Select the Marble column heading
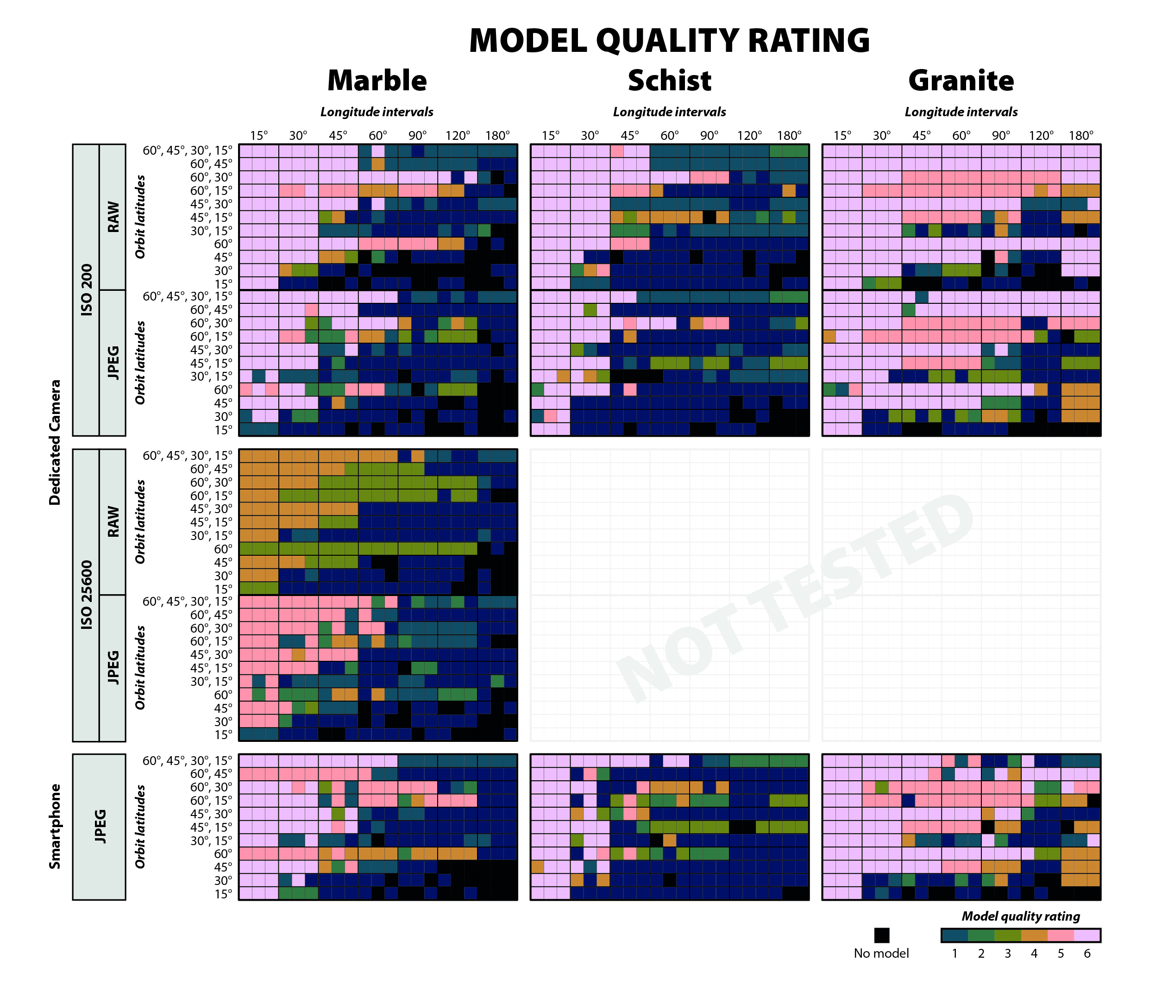(x=377, y=81)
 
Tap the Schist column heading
(x=669, y=81)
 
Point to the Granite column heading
(x=961, y=81)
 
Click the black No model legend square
(x=881, y=935)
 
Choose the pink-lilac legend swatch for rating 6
(x=1087, y=935)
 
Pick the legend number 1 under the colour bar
(x=954, y=954)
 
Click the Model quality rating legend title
(x=1020, y=916)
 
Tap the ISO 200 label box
(x=86, y=289)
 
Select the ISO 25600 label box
(x=86, y=595)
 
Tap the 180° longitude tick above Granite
(x=1081, y=135)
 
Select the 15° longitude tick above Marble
(x=258, y=135)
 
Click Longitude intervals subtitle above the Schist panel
(x=669, y=112)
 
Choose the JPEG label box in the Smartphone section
(x=99, y=826)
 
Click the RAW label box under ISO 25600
(x=113, y=521)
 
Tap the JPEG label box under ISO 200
(x=113, y=362)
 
